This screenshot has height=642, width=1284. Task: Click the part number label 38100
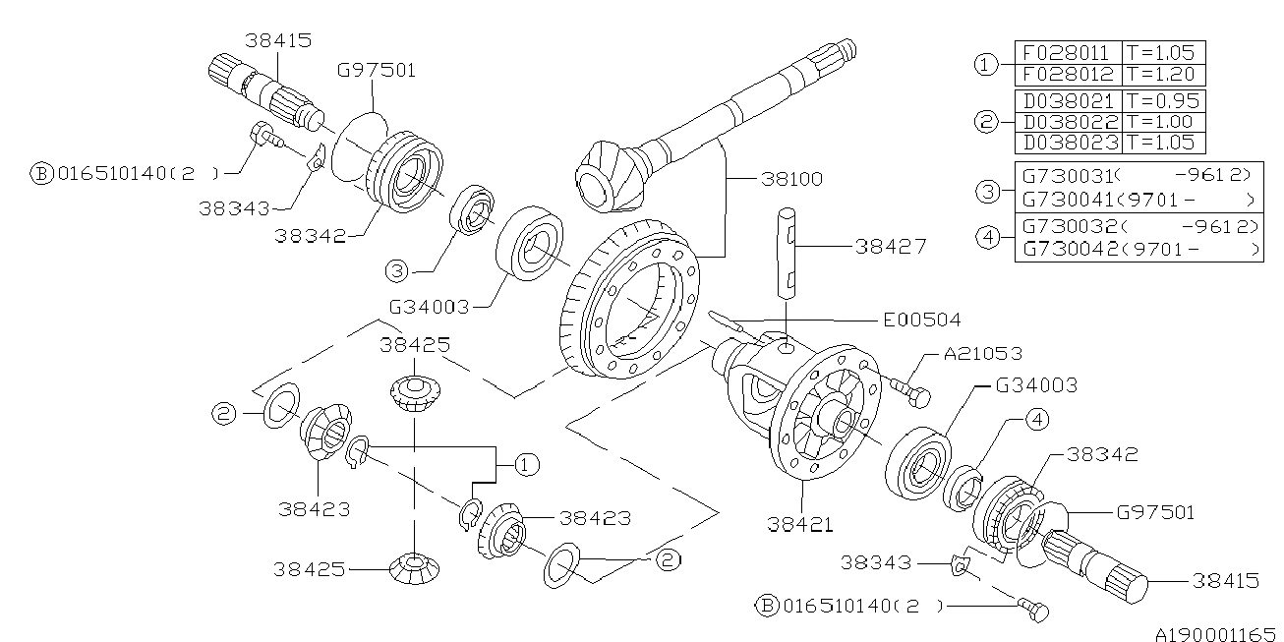pyautogui.click(x=791, y=180)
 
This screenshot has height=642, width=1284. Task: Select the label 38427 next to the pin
pyautogui.click(x=890, y=247)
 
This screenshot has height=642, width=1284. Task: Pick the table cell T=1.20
pyautogui.click(x=1163, y=75)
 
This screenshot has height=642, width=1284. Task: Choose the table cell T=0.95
pyautogui.click(x=1163, y=101)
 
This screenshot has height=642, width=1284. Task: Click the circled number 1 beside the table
pyautogui.click(x=985, y=65)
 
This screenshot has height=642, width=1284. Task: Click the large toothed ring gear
pyautogui.click(x=629, y=305)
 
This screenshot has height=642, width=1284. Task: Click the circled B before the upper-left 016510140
pyautogui.click(x=41, y=174)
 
